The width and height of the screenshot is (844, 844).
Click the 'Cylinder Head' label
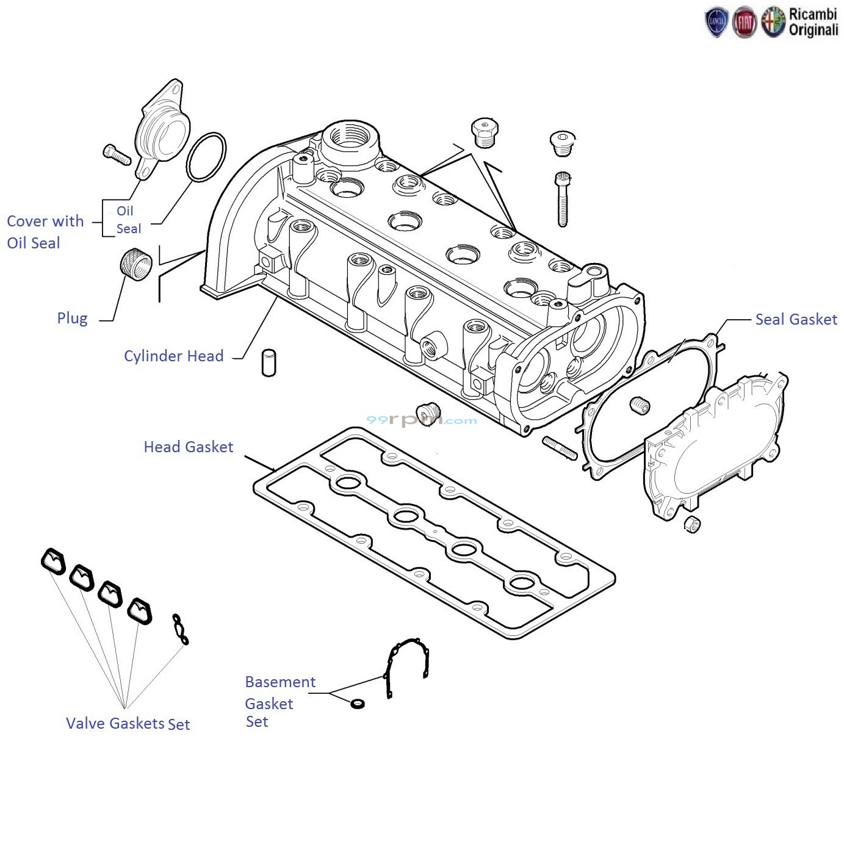tap(173, 356)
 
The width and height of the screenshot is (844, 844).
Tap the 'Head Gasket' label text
tap(188, 447)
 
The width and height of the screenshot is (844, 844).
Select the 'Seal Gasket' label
tap(796, 319)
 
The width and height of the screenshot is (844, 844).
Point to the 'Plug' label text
tap(72, 318)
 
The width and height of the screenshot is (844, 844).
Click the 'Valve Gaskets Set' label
tap(128, 724)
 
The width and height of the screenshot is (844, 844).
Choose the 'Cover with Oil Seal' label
tap(45, 232)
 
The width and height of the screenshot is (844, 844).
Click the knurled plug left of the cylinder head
tap(135, 265)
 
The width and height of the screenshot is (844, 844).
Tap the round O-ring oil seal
tap(206, 157)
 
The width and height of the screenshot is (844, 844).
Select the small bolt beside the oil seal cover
tap(117, 154)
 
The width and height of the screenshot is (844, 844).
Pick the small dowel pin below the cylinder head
tap(268, 363)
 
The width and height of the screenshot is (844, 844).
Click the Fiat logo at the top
tap(744, 23)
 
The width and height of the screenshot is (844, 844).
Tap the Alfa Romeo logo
tap(773, 23)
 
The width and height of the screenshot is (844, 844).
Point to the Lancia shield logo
tap(716, 23)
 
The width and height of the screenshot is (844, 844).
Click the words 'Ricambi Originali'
tap(813, 22)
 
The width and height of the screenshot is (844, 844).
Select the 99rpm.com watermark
tap(421, 420)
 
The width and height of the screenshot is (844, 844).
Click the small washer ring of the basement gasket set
tap(358, 704)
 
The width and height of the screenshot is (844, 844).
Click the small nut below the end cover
tap(692, 524)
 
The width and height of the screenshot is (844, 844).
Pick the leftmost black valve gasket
tap(54, 561)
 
